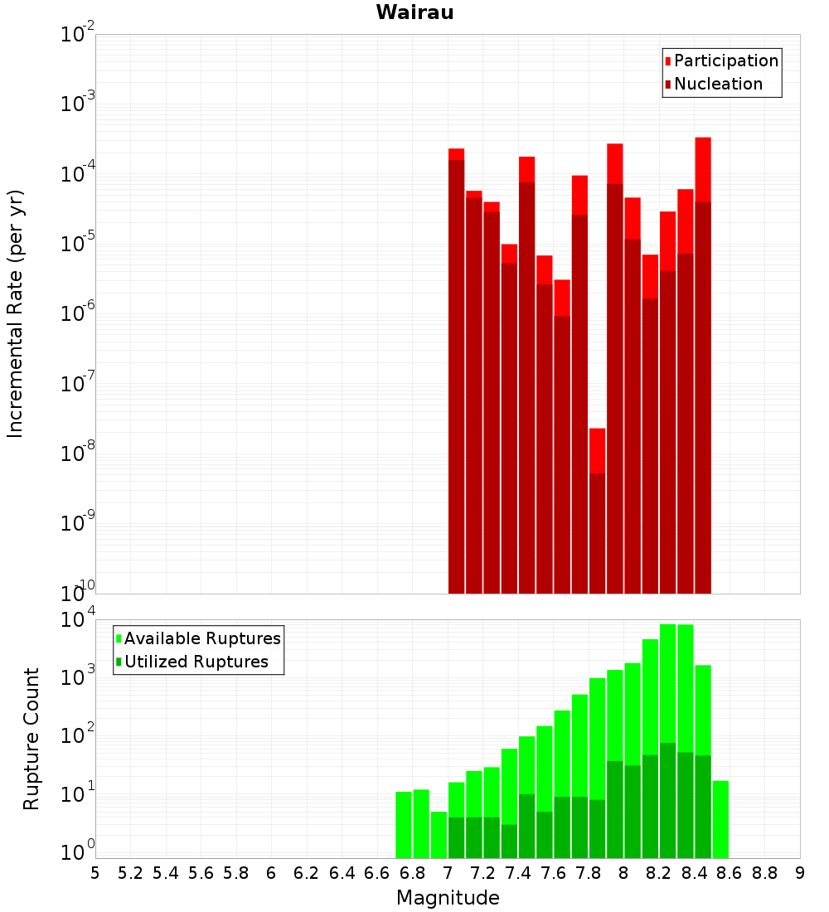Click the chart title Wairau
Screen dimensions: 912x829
tap(414, 12)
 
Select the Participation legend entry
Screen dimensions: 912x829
tap(726, 61)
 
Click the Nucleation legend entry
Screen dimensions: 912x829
tap(718, 84)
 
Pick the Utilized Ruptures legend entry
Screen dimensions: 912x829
tap(196, 662)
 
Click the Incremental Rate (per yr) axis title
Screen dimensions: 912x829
tap(16, 314)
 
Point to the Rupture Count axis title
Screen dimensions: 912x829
tap(32, 739)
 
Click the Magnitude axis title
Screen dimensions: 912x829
tap(448, 898)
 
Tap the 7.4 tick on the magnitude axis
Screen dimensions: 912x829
tap(518, 873)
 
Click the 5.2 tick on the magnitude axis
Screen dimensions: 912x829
tap(131, 873)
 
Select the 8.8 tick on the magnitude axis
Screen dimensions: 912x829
tap(764, 873)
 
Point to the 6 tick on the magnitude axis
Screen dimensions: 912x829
tap(271, 873)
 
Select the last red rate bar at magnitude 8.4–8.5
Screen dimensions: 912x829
tap(703, 365)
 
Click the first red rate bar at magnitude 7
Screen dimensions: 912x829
tap(456, 373)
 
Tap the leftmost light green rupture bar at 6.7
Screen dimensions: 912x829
tap(404, 825)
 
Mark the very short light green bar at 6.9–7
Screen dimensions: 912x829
tap(439, 835)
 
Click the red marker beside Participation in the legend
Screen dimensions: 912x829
tap(667, 61)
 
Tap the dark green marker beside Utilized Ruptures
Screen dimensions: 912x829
tap(119, 662)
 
